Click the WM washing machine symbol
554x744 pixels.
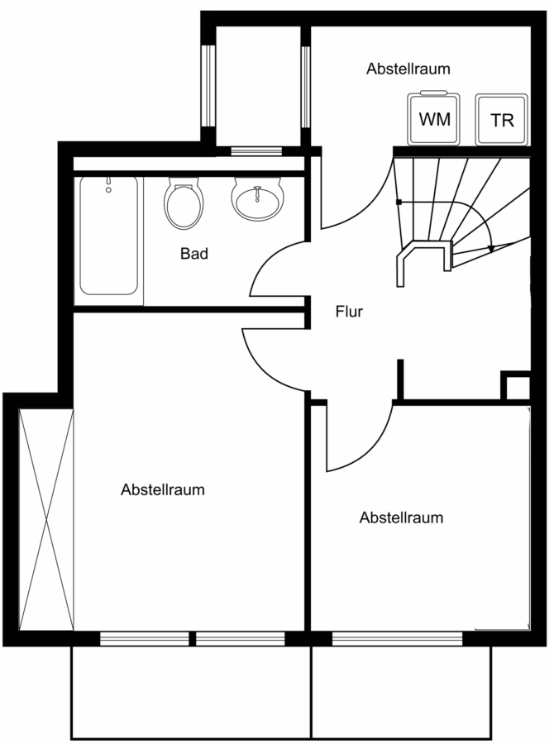click(433, 118)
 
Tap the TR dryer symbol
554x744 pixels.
click(502, 119)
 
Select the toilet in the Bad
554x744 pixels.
click(184, 204)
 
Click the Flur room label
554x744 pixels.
click(349, 312)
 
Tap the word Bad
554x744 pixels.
click(194, 254)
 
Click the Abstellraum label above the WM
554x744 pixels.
click(408, 69)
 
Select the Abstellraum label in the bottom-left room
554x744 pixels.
click(163, 489)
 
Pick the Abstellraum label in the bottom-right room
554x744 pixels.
click(401, 517)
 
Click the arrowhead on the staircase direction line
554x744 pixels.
click(491, 248)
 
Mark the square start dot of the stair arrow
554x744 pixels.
click(399, 203)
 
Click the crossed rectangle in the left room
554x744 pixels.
click(46, 519)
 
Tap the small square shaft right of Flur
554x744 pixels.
click(515, 385)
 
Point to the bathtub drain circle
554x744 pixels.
click(108, 190)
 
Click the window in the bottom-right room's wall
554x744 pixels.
click(397, 639)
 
